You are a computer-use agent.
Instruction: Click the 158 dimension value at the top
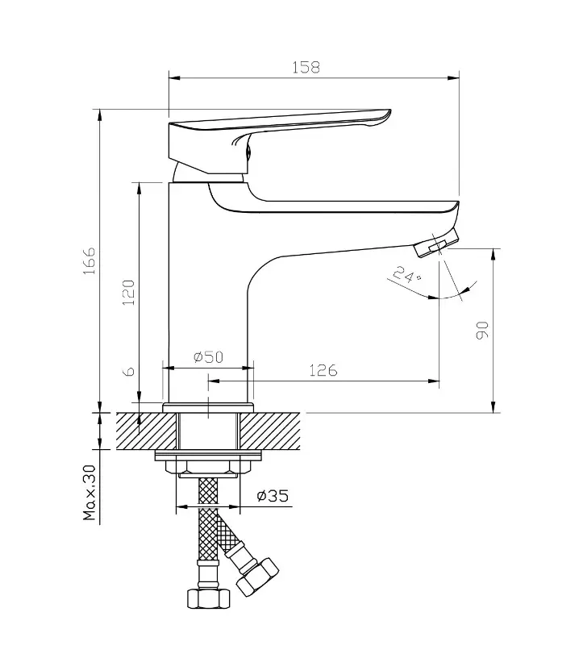point(306,67)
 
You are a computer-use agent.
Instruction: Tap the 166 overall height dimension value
point(89,260)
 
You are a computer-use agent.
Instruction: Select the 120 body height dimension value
point(128,292)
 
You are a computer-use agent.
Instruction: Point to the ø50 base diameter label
point(209,356)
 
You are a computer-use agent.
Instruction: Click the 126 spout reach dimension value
point(323,370)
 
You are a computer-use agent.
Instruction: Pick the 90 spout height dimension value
point(482,330)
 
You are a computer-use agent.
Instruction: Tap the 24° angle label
point(406,275)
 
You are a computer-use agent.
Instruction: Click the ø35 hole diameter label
point(273,496)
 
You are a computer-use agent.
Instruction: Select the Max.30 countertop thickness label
point(90,492)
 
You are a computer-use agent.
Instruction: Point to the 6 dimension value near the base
point(131,371)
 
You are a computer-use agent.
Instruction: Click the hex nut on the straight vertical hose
point(208,598)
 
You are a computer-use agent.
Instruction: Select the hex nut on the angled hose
point(257,577)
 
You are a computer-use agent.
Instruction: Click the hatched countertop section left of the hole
point(147,431)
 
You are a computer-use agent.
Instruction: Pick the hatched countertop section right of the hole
point(270,431)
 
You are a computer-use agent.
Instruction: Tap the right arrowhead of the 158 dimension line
point(453,77)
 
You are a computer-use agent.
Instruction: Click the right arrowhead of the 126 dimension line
point(434,381)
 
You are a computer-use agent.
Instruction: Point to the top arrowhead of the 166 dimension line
point(100,115)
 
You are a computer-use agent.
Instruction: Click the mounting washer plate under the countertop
point(208,456)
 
